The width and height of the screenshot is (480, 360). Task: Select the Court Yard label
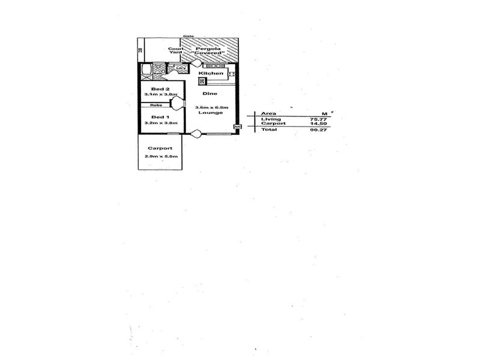point(175,50)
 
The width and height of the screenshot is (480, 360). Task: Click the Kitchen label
point(211,74)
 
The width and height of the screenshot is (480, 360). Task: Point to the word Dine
point(209,94)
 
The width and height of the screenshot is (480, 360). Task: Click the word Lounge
point(212,113)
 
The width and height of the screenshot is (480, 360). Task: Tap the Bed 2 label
point(158,88)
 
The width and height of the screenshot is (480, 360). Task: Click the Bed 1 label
point(158,116)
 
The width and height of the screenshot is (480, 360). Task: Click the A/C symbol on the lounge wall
point(236,127)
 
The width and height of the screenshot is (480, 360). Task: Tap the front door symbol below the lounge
point(196,134)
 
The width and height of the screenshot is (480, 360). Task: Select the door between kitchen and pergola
point(196,62)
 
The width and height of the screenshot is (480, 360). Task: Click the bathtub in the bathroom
point(146,70)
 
